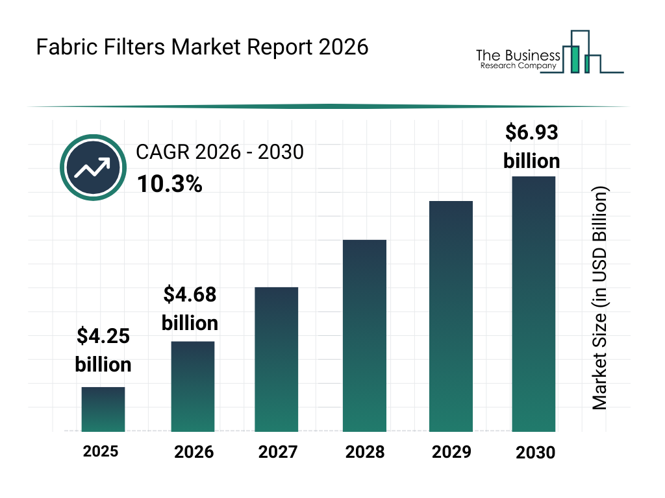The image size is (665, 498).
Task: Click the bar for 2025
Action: [x=103, y=409]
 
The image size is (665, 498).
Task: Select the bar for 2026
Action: [x=192, y=386]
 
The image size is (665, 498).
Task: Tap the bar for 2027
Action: [x=277, y=359]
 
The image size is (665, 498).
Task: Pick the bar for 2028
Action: [x=364, y=336]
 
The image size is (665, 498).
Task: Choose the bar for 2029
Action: [x=451, y=316]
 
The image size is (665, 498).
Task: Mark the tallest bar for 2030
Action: [x=534, y=303]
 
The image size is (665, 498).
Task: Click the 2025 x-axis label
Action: [x=101, y=451]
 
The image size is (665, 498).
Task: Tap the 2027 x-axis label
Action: [x=278, y=452]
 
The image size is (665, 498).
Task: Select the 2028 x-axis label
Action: [x=364, y=452]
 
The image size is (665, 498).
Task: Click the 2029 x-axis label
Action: [x=451, y=452]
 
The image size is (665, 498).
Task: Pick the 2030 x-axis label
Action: [x=536, y=453]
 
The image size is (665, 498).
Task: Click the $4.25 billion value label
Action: [x=103, y=350]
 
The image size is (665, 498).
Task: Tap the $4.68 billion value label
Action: [x=190, y=309]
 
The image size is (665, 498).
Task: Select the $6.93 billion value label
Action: [x=532, y=147]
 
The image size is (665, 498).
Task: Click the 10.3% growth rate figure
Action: [x=169, y=184]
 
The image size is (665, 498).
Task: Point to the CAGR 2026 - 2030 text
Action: [x=220, y=152]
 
